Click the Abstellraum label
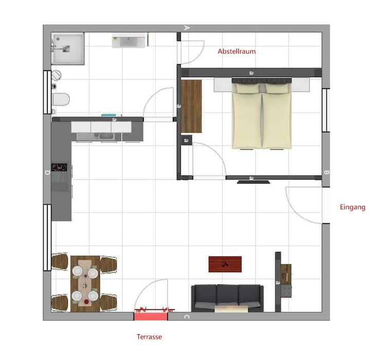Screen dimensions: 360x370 (x=236, y=51)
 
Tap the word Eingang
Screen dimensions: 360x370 (x=353, y=208)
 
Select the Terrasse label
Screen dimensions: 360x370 (x=150, y=337)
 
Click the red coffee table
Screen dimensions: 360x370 (x=225, y=264)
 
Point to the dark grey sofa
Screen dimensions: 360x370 (x=227, y=297)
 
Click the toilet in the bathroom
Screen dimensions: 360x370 (x=60, y=99)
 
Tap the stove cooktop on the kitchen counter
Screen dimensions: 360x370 (x=60, y=168)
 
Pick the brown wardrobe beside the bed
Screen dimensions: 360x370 (x=192, y=106)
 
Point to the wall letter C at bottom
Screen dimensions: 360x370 (x=187, y=317)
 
